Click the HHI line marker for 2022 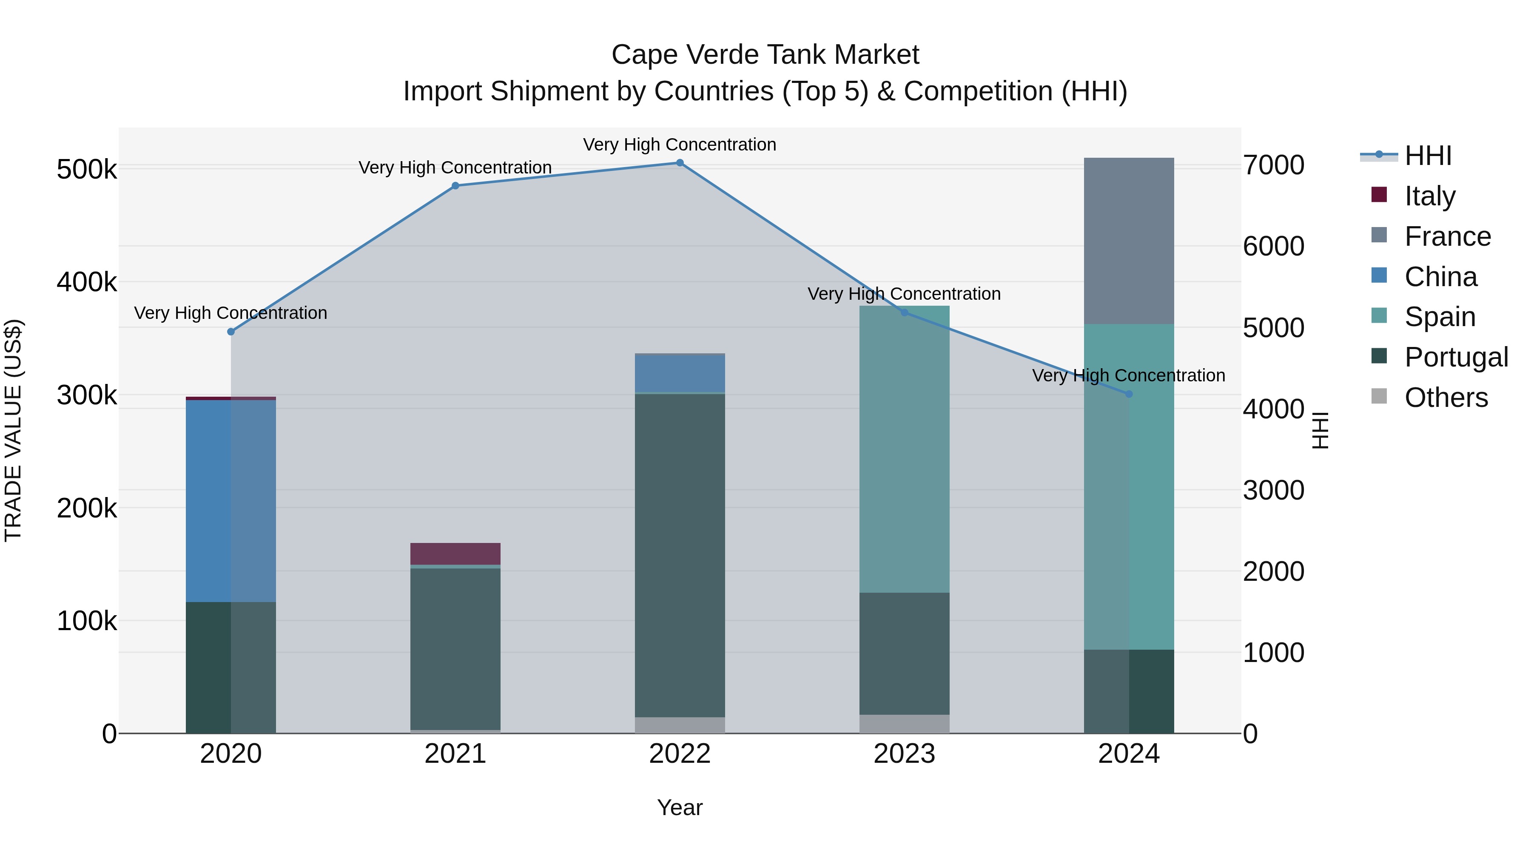pos(680,163)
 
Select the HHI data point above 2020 pos(231,332)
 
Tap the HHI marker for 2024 pos(1129,394)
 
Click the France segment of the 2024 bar pos(1129,241)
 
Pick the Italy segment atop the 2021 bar pos(455,553)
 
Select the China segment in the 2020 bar pos(231,500)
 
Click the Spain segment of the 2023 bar pos(904,449)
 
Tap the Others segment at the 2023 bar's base pos(904,723)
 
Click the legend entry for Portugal pos(1456,357)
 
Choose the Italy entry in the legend pos(1429,196)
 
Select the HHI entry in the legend pos(1428,156)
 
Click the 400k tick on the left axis pos(86,282)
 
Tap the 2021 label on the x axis pos(455,754)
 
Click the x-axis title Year pos(680,807)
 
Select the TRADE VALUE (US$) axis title pos(14,430)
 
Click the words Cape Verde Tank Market pos(765,55)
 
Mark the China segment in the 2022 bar pos(680,373)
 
